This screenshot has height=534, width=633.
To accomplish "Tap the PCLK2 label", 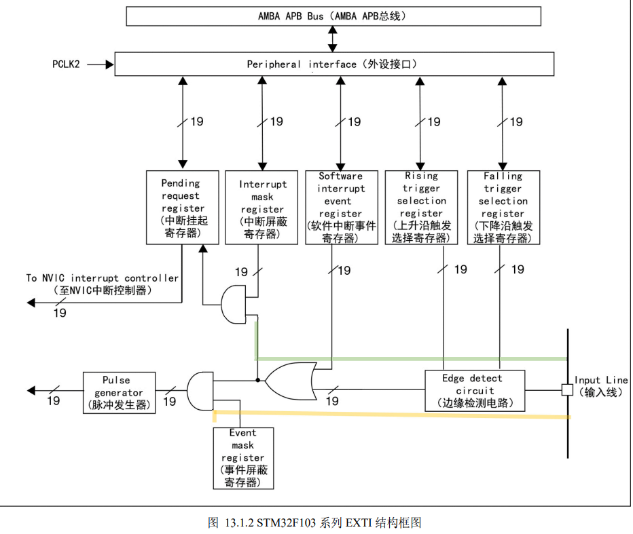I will pos(67,64).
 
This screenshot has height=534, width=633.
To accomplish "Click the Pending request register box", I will pos(181,208).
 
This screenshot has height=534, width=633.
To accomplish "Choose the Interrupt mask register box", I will pos(261,208).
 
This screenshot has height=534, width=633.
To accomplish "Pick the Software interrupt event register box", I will pos(341,207).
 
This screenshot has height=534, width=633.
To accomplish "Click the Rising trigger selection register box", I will pos(421,207).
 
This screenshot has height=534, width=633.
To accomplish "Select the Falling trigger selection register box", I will pos(503,207).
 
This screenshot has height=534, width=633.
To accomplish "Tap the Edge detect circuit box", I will pos(474,390).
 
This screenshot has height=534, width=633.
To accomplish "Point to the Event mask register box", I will pos(243,458).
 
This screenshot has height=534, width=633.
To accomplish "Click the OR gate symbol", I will pos(290,381).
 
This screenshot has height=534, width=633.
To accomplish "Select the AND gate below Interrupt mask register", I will pos(233,305).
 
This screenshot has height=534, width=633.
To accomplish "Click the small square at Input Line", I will pos(566,390).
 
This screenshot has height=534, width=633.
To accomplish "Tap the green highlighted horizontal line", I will pos(408,358).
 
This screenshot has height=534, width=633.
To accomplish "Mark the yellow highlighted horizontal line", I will pos(391,414).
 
